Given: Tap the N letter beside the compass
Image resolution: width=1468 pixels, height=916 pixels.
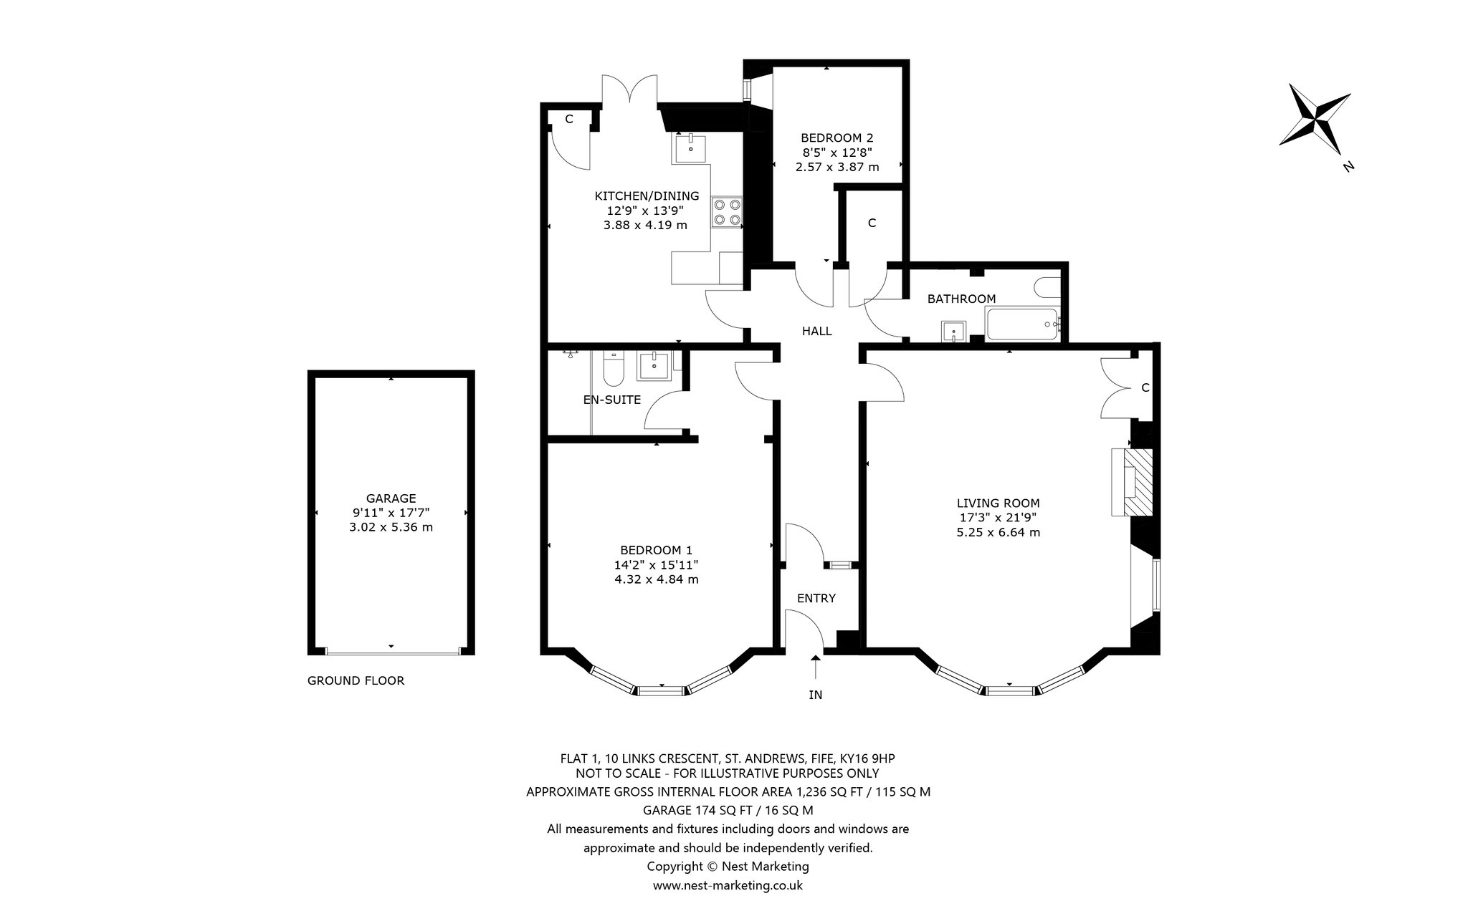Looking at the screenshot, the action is pyautogui.click(x=1348, y=167).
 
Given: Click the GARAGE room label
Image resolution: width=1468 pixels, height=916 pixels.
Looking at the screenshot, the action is pyautogui.click(x=391, y=498).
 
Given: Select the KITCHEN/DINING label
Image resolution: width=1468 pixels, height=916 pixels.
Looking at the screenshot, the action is pyautogui.click(x=647, y=196).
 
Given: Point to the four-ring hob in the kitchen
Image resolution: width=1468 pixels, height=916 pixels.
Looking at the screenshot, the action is pyautogui.click(x=727, y=213).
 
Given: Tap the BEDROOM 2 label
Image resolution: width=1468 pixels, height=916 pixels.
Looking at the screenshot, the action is pyautogui.click(x=837, y=138).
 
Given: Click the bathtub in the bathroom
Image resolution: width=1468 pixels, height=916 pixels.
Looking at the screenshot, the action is pyautogui.click(x=1023, y=324).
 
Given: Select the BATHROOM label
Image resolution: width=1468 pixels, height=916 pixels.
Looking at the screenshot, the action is pyautogui.click(x=961, y=299).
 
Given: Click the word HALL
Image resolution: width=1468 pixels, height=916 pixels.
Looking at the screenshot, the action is pyautogui.click(x=816, y=331).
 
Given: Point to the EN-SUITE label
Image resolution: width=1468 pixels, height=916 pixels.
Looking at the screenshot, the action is pyautogui.click(x=612, y=400).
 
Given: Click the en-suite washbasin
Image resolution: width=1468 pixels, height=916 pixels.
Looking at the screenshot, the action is pyautogui.click(x=654, y=366).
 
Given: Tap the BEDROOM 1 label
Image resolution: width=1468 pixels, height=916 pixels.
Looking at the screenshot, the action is pyautogui.click(x=657, y=550).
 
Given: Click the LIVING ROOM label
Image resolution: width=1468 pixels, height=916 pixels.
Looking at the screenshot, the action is pyautogui.click(x=998, y=503).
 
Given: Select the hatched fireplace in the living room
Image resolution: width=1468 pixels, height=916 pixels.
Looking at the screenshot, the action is pyautogui.click(x=1138, y=481).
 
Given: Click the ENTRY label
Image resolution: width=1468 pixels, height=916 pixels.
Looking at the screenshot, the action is pyautogui.click(x=816, y=598).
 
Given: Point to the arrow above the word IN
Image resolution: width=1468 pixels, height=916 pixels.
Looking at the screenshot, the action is pyautogui.click(x=816, y=666).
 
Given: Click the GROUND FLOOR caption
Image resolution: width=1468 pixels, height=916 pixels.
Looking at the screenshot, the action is pyautogui.click(x=356, y=680).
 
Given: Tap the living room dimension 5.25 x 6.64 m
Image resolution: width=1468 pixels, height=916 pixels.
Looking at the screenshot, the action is pyautogui.click(x=998, y=533).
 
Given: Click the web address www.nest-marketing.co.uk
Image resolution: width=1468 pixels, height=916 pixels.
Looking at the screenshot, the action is pyautogui.click(x=728, y=885).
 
